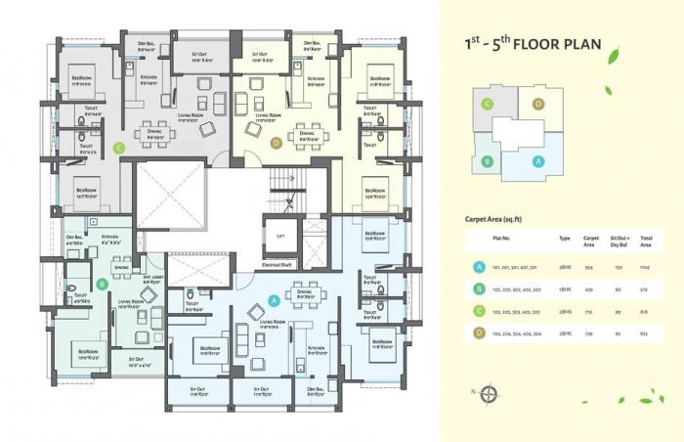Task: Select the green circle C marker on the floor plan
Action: coord(119,149)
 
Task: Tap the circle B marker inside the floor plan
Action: coord(103,285)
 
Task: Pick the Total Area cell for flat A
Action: coord(645,266)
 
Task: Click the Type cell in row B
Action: coord(564,288)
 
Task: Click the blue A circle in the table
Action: coord(479,266)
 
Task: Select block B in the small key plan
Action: coord(484,163)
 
